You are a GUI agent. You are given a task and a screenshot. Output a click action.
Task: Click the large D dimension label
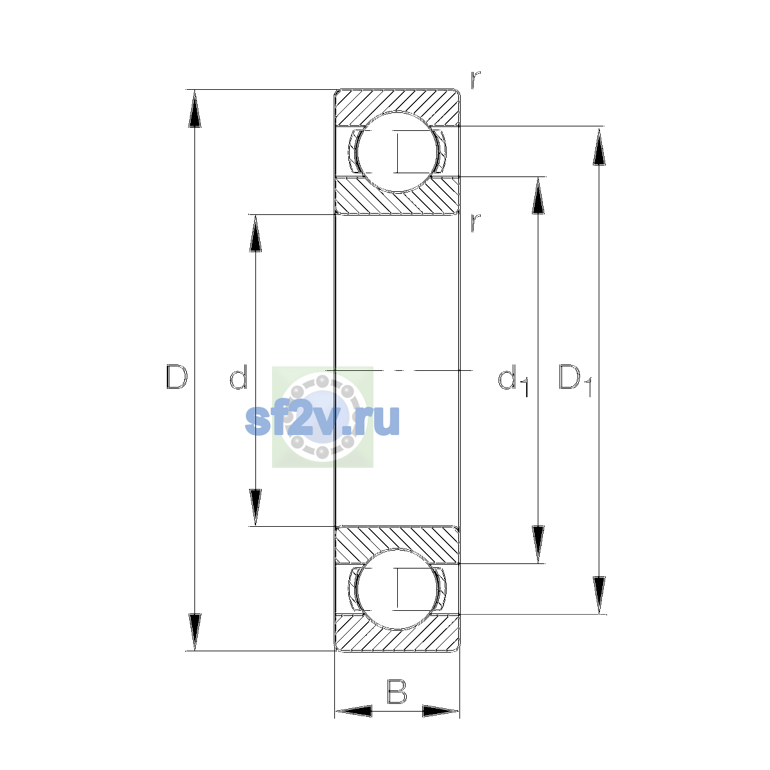pyautogui.click(x=176, y=377)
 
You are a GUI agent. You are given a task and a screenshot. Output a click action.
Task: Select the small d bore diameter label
pyautogui.click(x=239, y=377)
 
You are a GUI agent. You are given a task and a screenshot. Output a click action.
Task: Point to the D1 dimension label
pyautogui.click(x=575, y=381)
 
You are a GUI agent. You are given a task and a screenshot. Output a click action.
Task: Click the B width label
pyautogui.click(x=397, y=692)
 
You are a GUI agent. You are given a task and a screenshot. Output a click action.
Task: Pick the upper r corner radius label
pyautogui.click(x=475, y=80)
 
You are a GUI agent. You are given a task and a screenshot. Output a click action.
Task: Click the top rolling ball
pyautogui.click(x=397, y=152)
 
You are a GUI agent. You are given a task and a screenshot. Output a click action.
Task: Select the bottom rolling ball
pyautogui.click(x=397, y=590)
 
